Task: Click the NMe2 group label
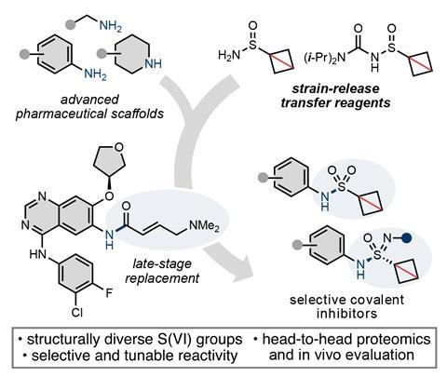click(x=204, y=226)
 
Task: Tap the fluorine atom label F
click(x=109, y=292)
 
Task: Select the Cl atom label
click(x=76, y=313)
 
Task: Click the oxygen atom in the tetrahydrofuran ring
click(x=118, y=148)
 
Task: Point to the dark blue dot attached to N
click(x=407, y=238)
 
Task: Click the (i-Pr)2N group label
click(x=325, y=58)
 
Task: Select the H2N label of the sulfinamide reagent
click(x=229, y=56)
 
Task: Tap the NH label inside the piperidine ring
click(x=154, y=63)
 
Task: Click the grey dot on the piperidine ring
click(x=102, y=54)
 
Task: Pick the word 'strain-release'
click(x=335, y=88)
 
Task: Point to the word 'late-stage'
click(x=162, y=264)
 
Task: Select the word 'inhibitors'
click(x=346, y=313)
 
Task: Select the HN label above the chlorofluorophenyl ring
click(x=38, y=254)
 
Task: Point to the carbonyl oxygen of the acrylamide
click(x=126, y=206)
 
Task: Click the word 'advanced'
click(x=89, y=100)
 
